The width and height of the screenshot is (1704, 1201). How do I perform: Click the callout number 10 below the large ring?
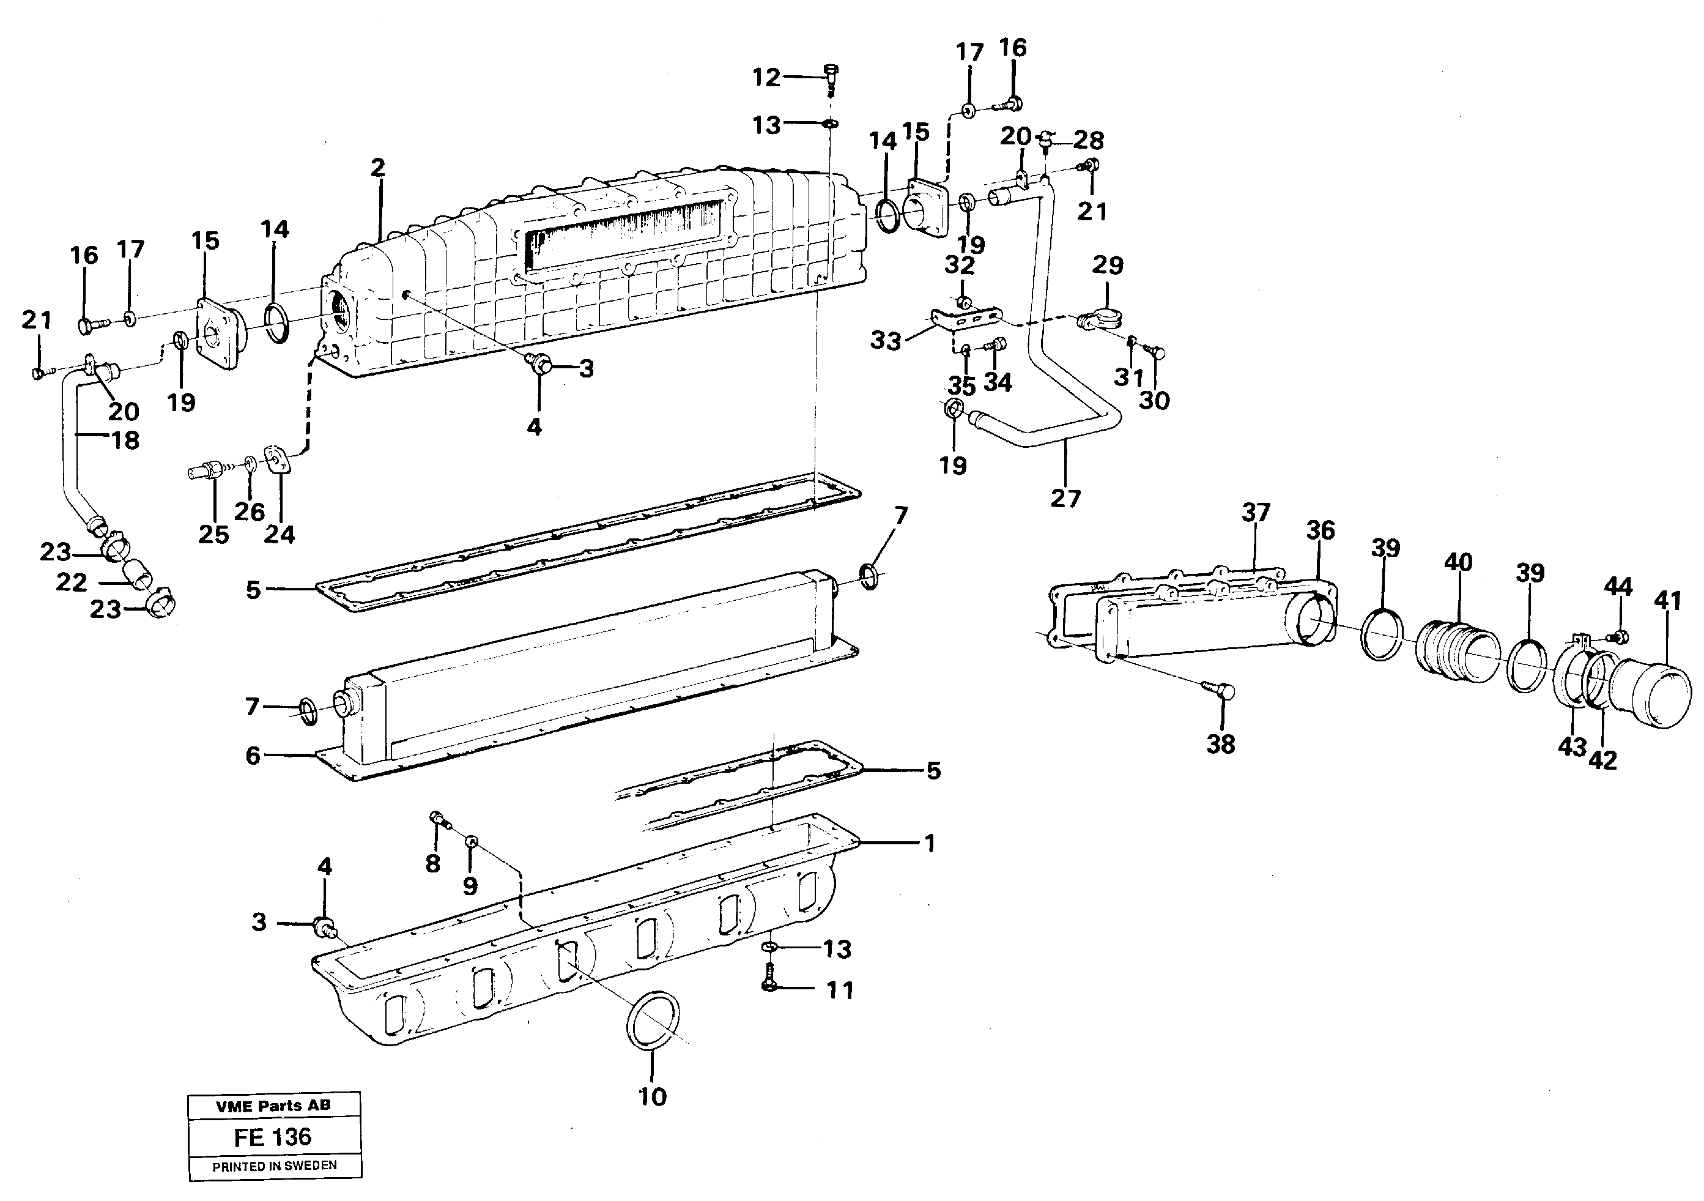pyautogui.click(x=653, y=1096)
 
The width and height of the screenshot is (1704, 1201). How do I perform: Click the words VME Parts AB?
pyautogui.click(x=273, y=1105)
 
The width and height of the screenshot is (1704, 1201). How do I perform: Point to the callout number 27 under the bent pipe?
pyautogui.click(x=1065, y=498)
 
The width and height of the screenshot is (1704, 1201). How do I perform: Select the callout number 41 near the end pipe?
pyautogui.click(x=1667, y=600)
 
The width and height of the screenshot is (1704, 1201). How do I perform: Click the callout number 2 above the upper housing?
pyautogui.click(x=378, y=168)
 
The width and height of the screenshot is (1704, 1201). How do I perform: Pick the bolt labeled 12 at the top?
pyautogui.click(x=831, y=73)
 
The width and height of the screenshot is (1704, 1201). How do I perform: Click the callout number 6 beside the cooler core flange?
pyautogui.click(x=253, y=756)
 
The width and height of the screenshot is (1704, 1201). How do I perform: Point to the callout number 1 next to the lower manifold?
pyautogui.click(x=928, y=843)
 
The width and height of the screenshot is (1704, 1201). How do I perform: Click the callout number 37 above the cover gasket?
pyautogui.click(x=1256, y=512)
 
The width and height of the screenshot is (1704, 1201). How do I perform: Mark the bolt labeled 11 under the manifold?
pyautogui.click(x=769, y=982)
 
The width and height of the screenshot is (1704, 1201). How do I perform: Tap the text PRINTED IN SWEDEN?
pyautogui.click(x=274, y=1166)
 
